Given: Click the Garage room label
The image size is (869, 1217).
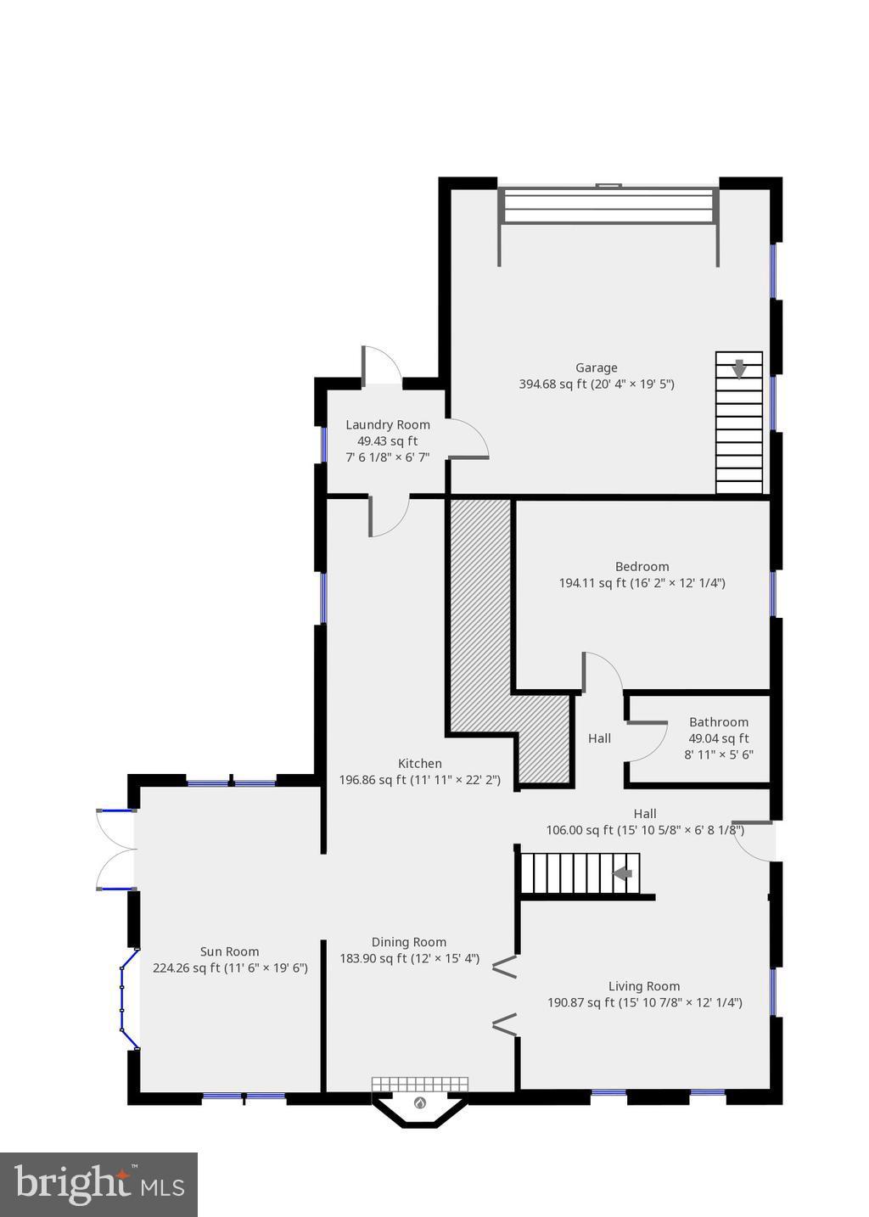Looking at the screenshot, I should click(596, 367).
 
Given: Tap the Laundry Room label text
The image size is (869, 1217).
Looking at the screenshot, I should click(387, 424).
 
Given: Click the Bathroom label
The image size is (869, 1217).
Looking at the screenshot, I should click(718, 722).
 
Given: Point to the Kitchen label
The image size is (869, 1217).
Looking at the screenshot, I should click(419, 763).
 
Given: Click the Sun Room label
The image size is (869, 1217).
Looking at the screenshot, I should click(229, 951).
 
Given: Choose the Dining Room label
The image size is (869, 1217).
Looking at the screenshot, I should click(408, 942).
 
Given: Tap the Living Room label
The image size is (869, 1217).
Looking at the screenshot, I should click(643, 986).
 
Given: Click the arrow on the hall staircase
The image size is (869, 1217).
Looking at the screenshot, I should click(623, 874).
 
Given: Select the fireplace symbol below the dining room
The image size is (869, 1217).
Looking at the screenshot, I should click(420, 1103).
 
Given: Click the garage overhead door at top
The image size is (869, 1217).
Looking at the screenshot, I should click(608, 205).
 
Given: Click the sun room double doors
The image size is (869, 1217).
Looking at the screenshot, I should click(115, 850).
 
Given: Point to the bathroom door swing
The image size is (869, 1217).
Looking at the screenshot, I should click(648, 742).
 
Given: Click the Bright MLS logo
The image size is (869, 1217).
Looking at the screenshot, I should click(98, 1185).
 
